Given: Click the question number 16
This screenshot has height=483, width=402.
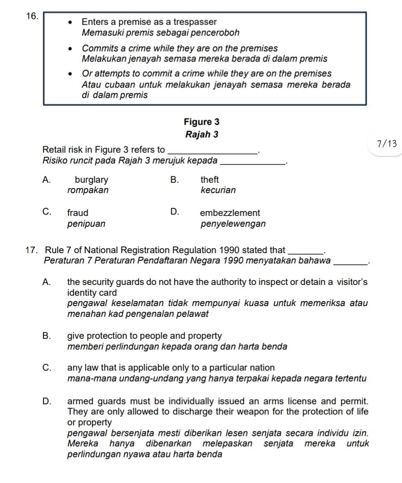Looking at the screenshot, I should [x=31, y=16].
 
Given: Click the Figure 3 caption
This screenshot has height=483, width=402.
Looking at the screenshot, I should [x=202, y=122].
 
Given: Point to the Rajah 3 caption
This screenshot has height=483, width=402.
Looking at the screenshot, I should [x=202, y=134].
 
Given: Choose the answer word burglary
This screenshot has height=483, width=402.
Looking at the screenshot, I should [x=91, y=180].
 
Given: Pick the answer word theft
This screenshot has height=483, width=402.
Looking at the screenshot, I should [x=210, y=180].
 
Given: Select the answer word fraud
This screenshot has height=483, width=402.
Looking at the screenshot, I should [x=78, y=213].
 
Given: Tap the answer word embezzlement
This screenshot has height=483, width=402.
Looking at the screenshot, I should [x=230, y=213].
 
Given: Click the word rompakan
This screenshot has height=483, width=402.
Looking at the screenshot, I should [x=88, y=190].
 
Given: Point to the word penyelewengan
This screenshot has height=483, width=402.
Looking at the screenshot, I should [x=233, y=223].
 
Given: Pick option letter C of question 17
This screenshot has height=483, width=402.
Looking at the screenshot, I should [x=46, y=368].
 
